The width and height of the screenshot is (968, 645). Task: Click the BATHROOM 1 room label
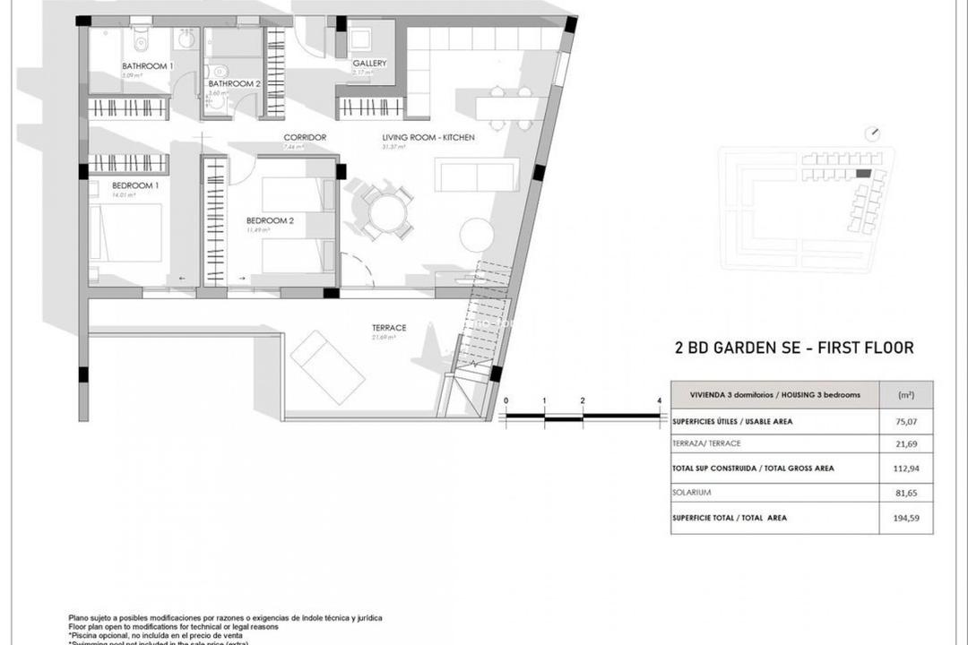(148, 66)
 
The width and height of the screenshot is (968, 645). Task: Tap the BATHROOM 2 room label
(234, 83)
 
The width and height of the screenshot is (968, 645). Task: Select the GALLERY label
(369, 64)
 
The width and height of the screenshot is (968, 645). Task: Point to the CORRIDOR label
(305, 137)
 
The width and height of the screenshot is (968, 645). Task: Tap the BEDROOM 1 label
(117, 185)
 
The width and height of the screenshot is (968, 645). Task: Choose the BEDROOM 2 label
(268, 220)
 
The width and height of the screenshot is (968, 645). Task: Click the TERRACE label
(389, 328)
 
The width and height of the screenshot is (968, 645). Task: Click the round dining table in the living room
(387, 213)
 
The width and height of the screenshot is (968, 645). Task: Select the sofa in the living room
(477, 175)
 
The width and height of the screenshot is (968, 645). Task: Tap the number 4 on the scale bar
(659, 400)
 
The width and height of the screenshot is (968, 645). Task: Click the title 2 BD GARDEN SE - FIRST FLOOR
(793, 348)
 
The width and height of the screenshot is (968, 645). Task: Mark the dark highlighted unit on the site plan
(863, 173)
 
